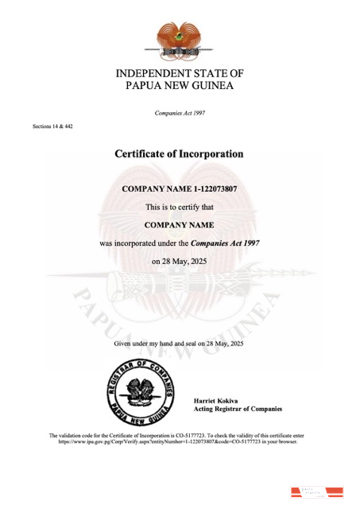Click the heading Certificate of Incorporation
(x=180, y=153)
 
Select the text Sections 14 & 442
(x=52, y=126)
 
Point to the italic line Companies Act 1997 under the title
(x=180, y=113)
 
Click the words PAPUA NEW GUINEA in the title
(x=180, y=86)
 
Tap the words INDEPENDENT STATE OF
(x=180, y=73)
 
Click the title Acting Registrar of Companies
(x=238, y=408)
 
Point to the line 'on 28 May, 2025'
(x=180, y=261)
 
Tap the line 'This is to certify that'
(x=180, y=207)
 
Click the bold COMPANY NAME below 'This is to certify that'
(x=180, y=225)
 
